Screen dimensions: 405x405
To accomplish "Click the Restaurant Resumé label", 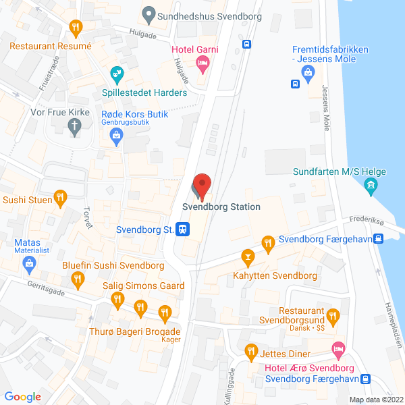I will click(x=50, y=46).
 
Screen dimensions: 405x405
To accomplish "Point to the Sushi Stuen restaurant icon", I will click(x=60, y=198).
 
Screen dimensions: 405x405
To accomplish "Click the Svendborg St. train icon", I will click(x=182, y=230).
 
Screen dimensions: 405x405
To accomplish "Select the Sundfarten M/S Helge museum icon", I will click(x=370, y=186).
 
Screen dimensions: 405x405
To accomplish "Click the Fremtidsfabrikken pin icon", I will click(x=310, y=76).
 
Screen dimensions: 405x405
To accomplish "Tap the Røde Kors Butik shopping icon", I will click(x=117, y=136).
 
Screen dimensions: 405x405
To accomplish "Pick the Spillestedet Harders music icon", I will click(x=117, y=73).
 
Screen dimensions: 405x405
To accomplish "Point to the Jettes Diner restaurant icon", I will click(x=252, y=351).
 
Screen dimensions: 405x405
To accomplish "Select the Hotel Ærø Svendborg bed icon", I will click(x=338, y=350).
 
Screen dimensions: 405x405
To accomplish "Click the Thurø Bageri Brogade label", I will click(x=135, y=331).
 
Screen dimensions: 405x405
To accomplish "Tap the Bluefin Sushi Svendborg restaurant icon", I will click(x=79, y=278).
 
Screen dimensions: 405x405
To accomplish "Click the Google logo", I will click(x=23, y=396).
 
